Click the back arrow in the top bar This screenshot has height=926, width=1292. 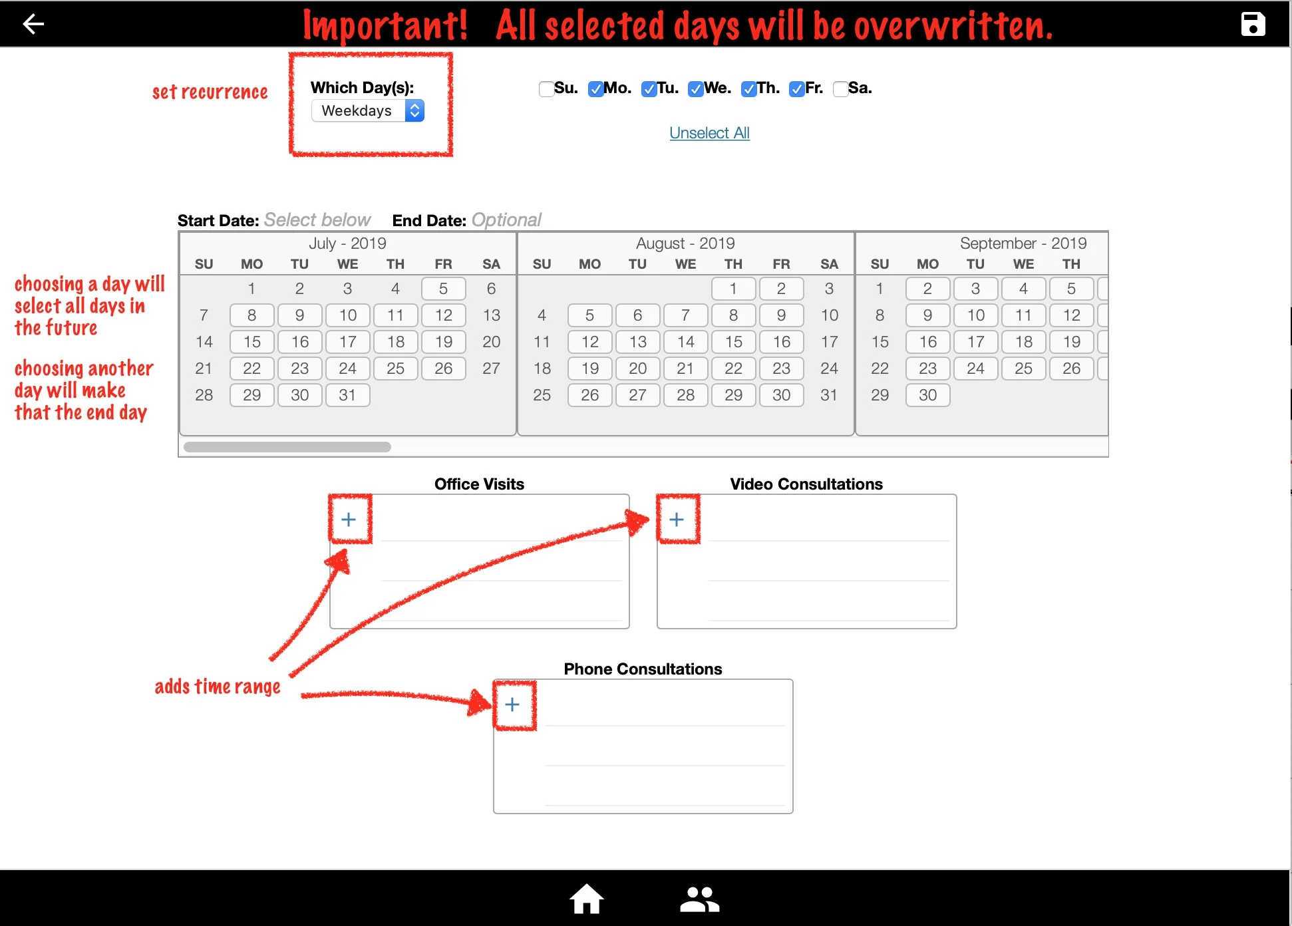[33, 25]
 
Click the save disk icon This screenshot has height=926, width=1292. [1253, 25]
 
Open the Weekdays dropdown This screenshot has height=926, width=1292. [367, 110]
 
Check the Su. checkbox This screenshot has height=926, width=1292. [546, 89]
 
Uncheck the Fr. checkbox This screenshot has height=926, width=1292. [796, 89]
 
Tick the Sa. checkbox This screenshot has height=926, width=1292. [840, 89]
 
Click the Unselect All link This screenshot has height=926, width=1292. [709, 133]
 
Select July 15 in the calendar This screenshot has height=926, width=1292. [252, 342]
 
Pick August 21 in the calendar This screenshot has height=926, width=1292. [685, 369]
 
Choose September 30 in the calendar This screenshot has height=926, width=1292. [927, 395]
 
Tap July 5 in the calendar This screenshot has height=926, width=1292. [443, 289]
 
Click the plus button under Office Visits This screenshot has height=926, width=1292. [349, 520]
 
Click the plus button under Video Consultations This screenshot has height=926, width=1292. [677, 520]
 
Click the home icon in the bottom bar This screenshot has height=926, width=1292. [586, 899]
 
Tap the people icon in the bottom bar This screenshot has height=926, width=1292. [699, 899]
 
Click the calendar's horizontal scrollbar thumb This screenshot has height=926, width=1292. [287, 447]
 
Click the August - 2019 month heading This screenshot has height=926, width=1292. [685, 243]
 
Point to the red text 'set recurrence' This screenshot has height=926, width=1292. [210, 92]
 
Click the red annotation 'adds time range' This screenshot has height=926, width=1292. [218, 687]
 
